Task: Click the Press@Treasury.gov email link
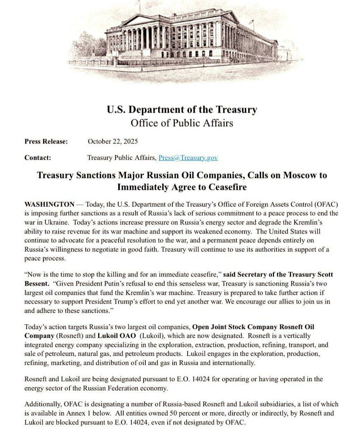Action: [188, 158]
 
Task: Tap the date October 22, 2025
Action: [113, 141]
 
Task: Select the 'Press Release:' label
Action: [46, 141]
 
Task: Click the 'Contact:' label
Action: [38, 158]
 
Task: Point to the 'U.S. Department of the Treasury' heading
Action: [182, 110]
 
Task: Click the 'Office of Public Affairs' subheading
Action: [182, 123]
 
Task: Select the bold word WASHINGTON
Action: [49, 204]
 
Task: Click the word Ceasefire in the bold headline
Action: [228, 187]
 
